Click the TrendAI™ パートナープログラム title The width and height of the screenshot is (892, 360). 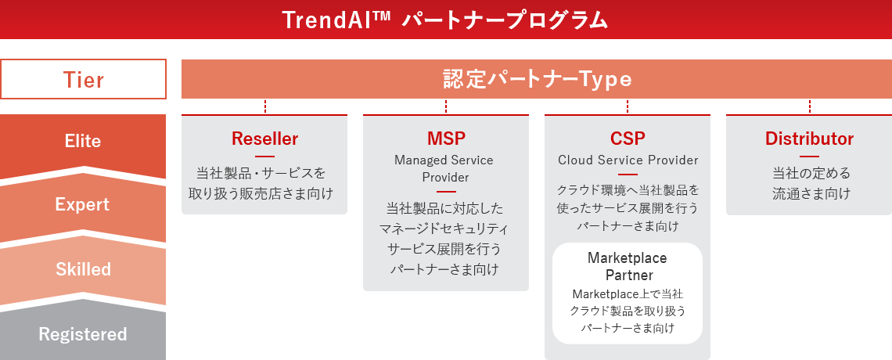click(x=444, y=20)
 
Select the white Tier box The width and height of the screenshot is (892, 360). click(x=83, y=79)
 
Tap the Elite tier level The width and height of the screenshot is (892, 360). click(x=83, y=142)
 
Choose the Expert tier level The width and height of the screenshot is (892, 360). click(x=83, y=205)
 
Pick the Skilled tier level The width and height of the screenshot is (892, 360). click(x=83, y=269)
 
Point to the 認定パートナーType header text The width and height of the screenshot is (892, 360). click(x=537, y=80)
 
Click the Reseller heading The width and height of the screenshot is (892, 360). click(x=264, y=139)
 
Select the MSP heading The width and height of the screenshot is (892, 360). click(x=446, y=139)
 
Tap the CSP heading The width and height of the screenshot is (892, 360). click(x=628, y=139)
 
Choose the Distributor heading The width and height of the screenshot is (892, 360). click(x=809, y=139)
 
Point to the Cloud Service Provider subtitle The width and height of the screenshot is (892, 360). click(x=628, y=160)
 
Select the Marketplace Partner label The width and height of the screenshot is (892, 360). click(x=628, y=267)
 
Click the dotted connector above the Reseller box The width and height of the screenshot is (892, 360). click(x=265, y=107)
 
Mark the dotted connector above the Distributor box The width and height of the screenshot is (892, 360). click(x=810, y=107)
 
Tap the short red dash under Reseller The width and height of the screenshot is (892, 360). click(x=264, y=157)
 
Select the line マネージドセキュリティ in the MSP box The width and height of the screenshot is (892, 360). click(x=446, y=229)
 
